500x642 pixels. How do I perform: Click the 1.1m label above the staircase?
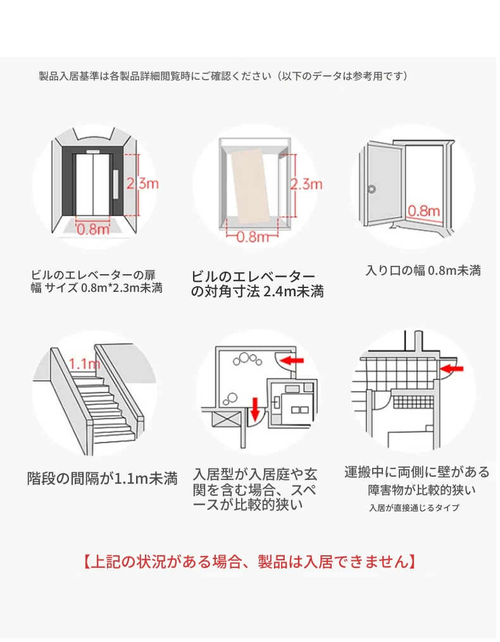point(84,364)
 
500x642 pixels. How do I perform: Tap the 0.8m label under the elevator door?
point(94,229)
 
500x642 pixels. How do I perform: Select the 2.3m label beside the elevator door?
point(142,184)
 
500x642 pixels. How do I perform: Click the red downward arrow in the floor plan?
point(256,409)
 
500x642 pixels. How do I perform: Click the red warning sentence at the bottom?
point(249,561)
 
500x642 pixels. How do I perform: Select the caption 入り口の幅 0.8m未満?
point(423,270)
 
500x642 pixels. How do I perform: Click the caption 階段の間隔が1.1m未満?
point(102,478)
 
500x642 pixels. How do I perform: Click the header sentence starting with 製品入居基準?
point(223,76)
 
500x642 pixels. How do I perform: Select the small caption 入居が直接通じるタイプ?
point(414,508)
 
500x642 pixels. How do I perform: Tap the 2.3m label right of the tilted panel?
point(306,184)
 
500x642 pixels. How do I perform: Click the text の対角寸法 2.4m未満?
point(257,292)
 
